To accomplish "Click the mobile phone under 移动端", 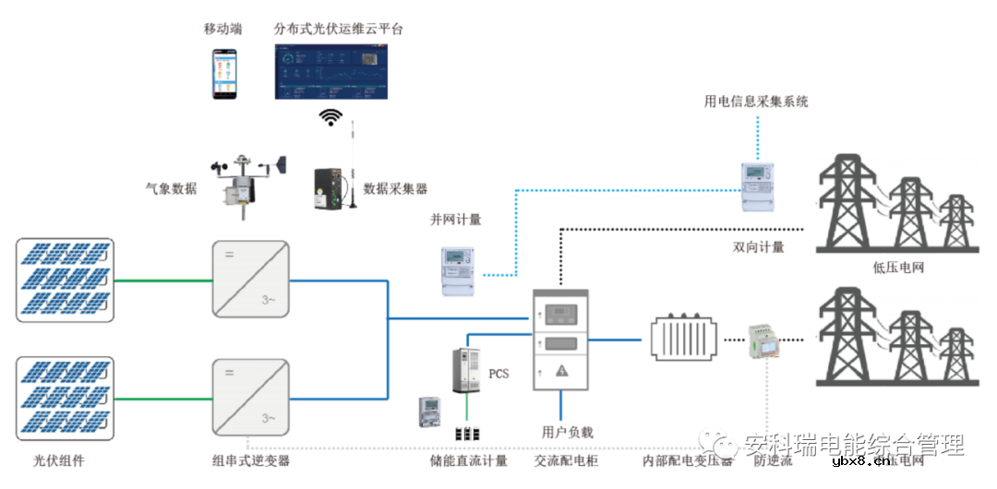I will coord(222,74).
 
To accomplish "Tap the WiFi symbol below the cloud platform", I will coord(330,117).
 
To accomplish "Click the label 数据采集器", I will coord(395,188).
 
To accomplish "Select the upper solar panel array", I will coord(65,279).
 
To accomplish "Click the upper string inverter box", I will coord(250,279).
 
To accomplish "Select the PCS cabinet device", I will coord(468,370).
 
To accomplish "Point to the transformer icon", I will coord(684,340).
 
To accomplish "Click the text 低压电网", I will coord(897,268).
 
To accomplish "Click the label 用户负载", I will coord(567,432).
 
